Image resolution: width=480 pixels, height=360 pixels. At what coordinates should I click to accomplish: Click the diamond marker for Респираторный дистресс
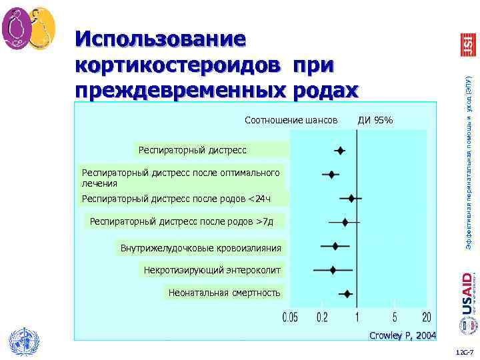[x=339, y=151]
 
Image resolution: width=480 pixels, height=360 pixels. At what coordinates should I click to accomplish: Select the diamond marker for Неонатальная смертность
[x=347, y=293]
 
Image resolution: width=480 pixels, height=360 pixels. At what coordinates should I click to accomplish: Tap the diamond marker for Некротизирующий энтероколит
[x=333, y=269]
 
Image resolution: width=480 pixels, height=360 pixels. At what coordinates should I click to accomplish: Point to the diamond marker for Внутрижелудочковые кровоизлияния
[x=335, y=246]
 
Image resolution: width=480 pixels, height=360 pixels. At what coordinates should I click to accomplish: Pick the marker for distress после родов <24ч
[x=351, y=198]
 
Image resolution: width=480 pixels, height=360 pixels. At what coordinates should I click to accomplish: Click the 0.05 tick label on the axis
[x=290, y=317]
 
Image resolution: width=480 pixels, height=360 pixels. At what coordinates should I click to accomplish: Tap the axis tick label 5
[x=395, y=317]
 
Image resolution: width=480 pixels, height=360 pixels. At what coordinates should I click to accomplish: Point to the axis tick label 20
[x=426, y=317]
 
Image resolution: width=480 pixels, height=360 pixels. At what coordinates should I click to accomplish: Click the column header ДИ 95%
[x=375, y=121]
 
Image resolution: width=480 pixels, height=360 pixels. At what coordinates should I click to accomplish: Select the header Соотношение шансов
[x=291, y=121]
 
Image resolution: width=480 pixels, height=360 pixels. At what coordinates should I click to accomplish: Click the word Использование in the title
[x=161, y=39]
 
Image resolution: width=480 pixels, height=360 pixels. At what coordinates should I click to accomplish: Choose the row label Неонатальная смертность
[x=225, y=293]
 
